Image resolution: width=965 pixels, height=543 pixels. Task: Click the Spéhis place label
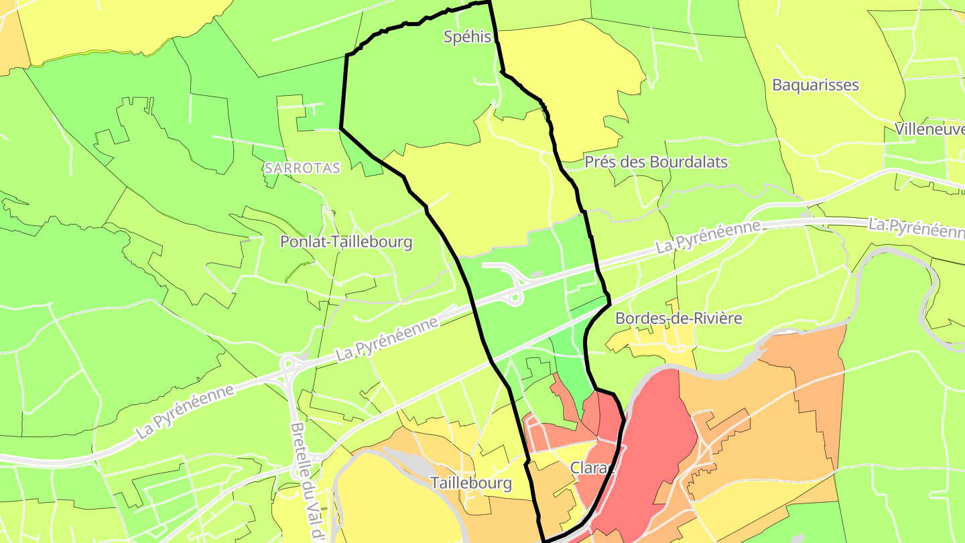pos(468,37)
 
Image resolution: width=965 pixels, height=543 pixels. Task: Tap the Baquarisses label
pos(815,85)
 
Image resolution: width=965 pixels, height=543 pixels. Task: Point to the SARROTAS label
pos(302,168)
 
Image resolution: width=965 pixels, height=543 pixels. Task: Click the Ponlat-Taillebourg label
pos(346,242)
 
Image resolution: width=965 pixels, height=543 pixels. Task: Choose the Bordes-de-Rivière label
pos(678,318)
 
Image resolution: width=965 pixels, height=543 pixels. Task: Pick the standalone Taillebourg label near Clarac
pos(471,483)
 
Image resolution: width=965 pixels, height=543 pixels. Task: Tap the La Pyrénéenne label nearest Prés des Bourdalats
pos(708,236)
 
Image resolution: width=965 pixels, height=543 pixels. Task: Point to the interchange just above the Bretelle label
pos(289,368)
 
